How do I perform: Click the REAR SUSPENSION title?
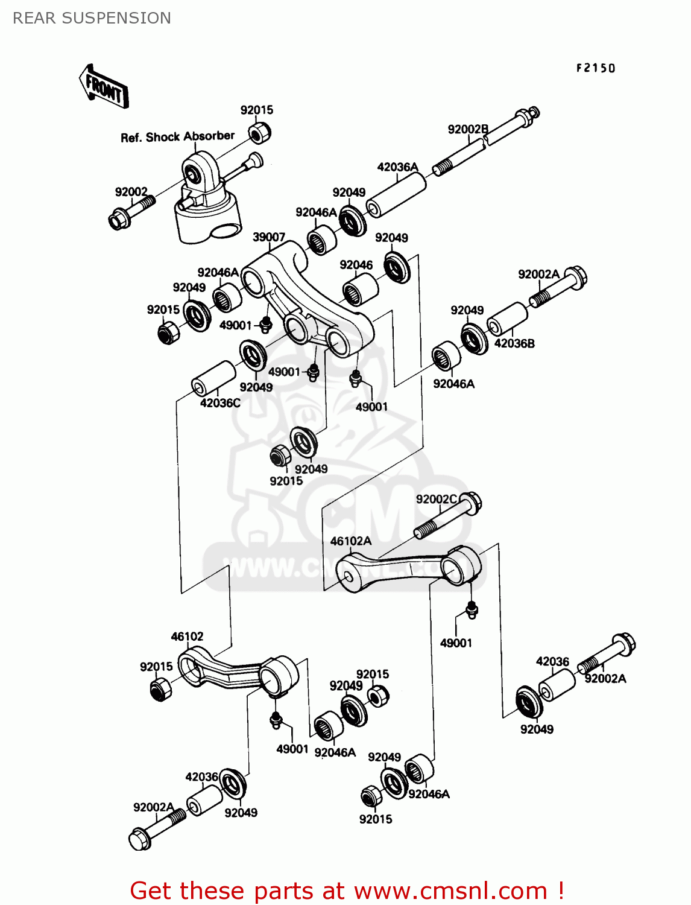(x=92, y=18)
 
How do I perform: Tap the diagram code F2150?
(x=595, y=68)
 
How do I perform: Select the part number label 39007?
(x=268, y=237)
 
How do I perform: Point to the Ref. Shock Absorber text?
(x=177, y=137)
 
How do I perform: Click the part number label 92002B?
(x=468, y=129)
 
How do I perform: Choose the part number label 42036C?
(x=220, y=403)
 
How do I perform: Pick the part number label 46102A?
(x=350, y=541)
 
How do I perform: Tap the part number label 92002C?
(x=437, y=500)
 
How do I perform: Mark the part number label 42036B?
(x=514, y=343)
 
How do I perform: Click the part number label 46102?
(x=187, y=637)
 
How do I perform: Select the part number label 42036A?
(x=397, y=167)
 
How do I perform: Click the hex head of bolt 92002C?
(x=471, y=503)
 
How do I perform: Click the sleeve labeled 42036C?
(x=213, y=378)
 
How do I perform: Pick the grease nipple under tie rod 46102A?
(x=472, y=609)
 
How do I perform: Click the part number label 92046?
(x=356, y=265)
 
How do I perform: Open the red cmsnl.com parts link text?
(x=347, y=891)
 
